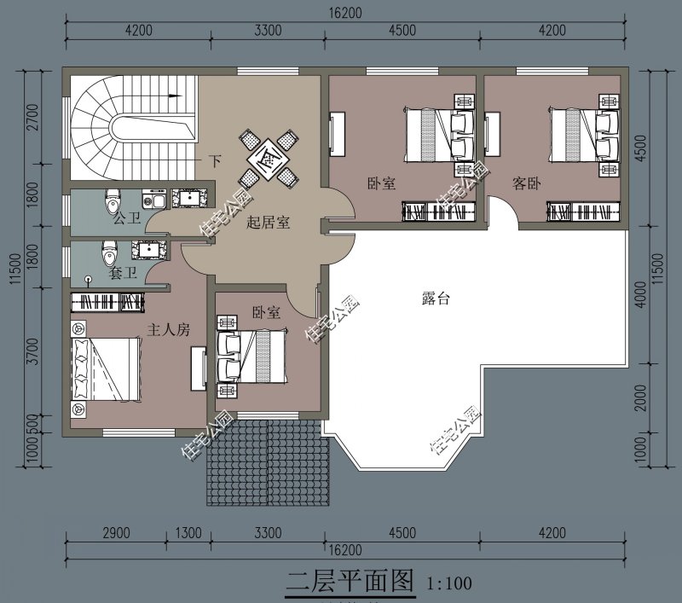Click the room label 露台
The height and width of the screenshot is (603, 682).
pos(436,299)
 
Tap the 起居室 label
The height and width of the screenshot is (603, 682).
pos(269,223)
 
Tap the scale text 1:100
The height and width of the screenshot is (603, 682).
pos(448,584)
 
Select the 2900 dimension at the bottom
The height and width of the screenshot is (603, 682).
pos(116,533)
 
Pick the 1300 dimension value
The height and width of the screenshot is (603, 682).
pos(188,533)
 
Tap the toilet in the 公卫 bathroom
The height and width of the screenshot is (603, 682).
pos(112,204)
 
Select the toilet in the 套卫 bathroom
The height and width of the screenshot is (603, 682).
pos(108,253)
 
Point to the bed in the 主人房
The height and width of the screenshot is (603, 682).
pos(107,368)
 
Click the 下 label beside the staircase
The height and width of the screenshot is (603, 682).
pos(215,160)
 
